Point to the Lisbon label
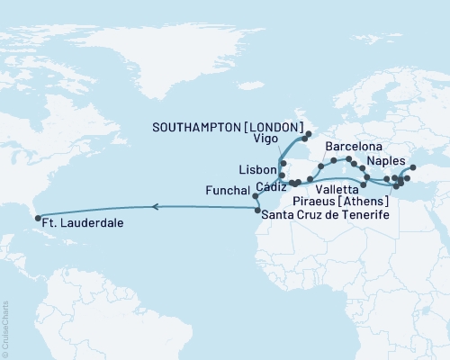pyautogui.click(x=256, y=169)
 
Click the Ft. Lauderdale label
pyautogui.click(x=82, y=220)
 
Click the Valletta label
pyautogui.click(x=338, y=191)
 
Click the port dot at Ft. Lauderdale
pyautogui.click(x=35, y=217)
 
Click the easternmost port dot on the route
pyautogui.click(x=413, y=167)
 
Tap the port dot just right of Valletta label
pyautogui.click(x=364, y=184)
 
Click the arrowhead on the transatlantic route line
pyautogui.click(x=154, y=207)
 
